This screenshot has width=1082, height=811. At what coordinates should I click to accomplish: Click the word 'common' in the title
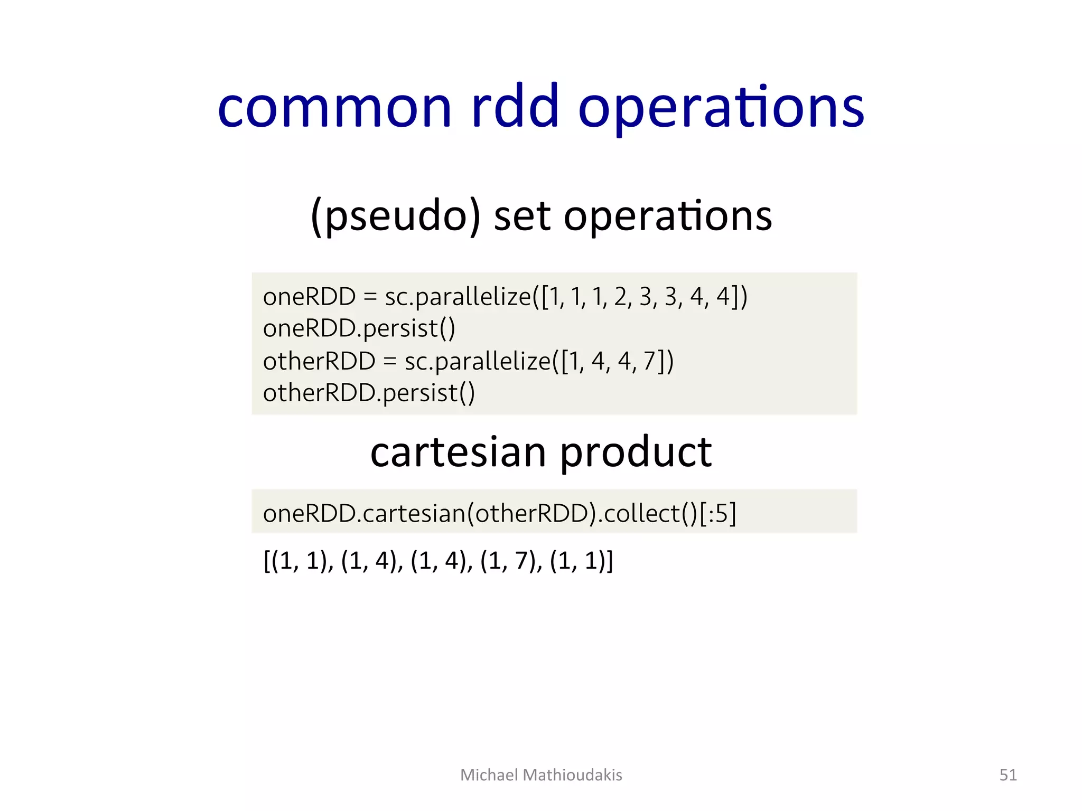click(335, 108)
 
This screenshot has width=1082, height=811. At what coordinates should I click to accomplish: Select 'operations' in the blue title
click(721, 108)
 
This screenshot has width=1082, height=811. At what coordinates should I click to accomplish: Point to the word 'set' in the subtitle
click(523, 216)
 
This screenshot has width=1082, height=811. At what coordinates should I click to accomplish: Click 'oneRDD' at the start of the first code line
click(309, 297)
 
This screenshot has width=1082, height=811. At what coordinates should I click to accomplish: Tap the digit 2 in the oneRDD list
click(620, 297)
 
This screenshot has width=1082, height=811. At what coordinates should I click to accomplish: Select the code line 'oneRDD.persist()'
click(359, 328)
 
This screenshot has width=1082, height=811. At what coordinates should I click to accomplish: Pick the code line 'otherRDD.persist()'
click(369, 393)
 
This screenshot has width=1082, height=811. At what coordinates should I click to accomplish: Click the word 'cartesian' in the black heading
click(458, 453)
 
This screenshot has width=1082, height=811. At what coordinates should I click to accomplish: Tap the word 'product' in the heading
click(636, 453)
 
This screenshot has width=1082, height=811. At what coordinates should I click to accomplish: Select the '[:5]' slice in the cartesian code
click(717, 513)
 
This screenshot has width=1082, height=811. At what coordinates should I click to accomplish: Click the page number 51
click(1008, 775)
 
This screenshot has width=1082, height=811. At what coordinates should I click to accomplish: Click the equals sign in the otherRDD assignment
click(390, 362)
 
